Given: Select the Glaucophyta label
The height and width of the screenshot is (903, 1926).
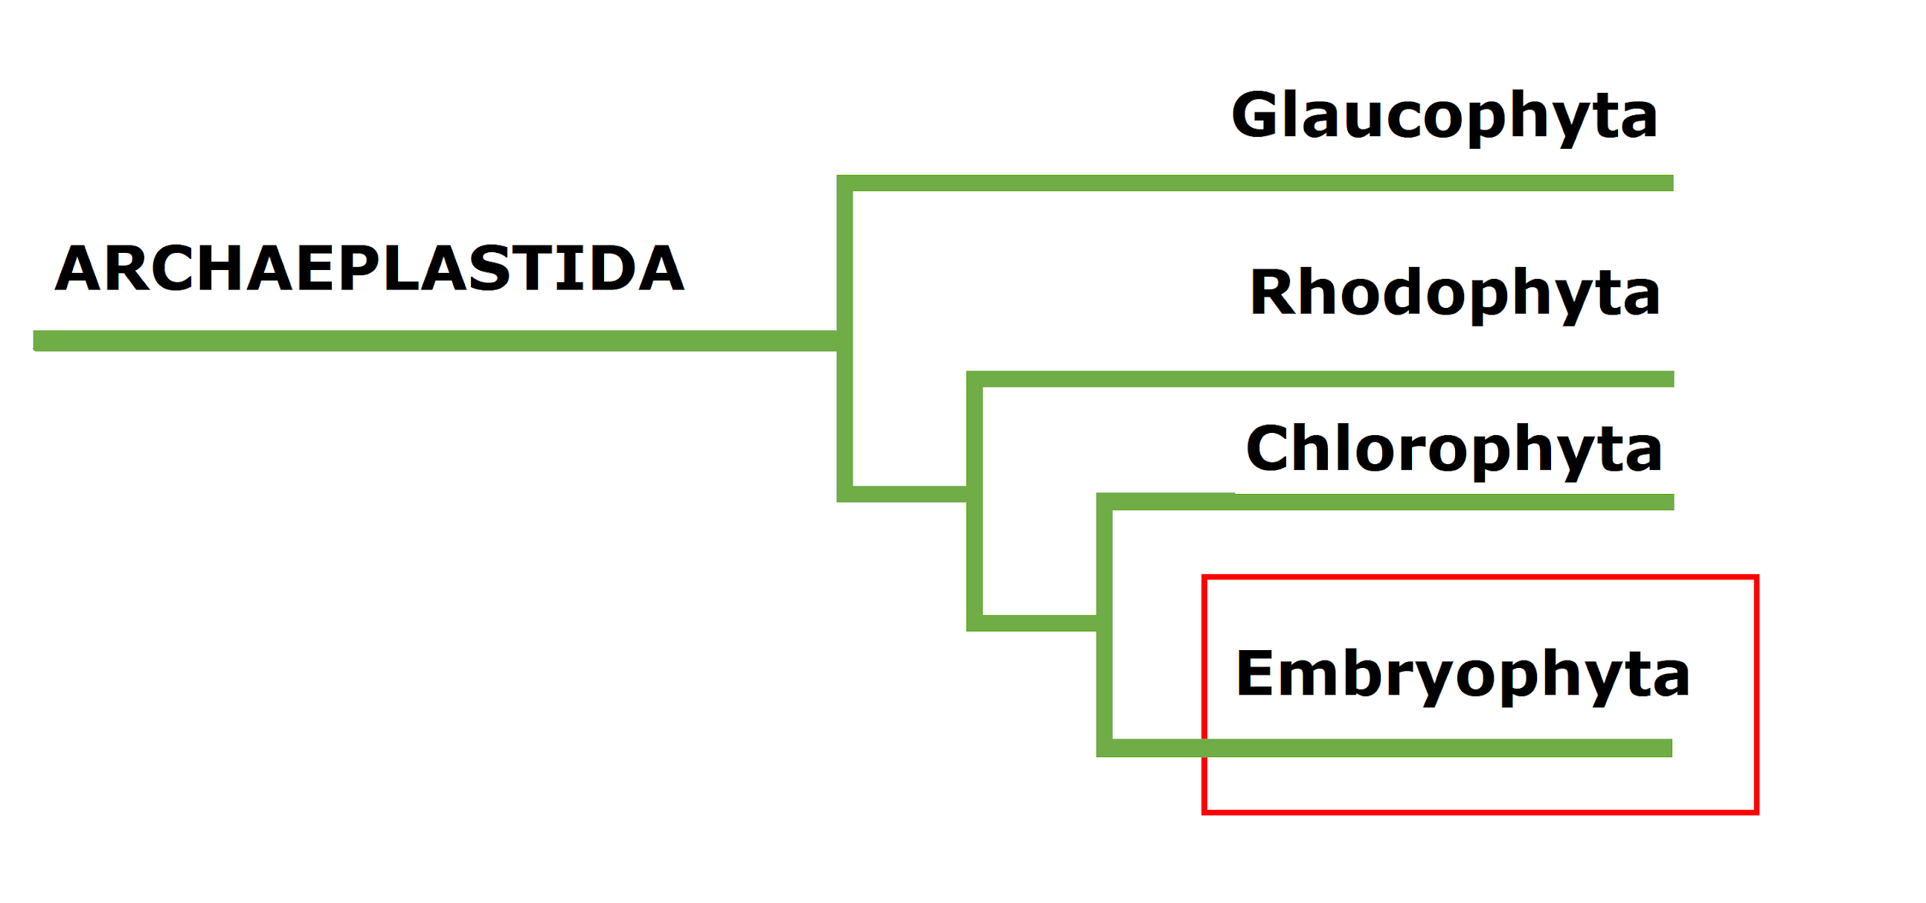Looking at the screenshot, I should (x=1444, y=116).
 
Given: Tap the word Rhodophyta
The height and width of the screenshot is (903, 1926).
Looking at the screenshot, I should (x=1454, y=293).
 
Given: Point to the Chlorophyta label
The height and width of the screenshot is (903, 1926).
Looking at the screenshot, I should (x=1454, y=449).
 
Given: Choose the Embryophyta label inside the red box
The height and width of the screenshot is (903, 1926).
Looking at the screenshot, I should (x=1463, y=674).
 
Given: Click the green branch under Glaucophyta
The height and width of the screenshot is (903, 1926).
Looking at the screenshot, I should (x=1271, y=183).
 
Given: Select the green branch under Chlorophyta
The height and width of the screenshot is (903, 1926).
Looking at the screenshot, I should (x=1390, y=501).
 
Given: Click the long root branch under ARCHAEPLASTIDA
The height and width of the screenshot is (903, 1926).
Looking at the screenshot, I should (x=434, y=341).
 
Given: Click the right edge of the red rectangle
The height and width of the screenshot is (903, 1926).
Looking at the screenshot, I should (x=1756, y=695).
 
